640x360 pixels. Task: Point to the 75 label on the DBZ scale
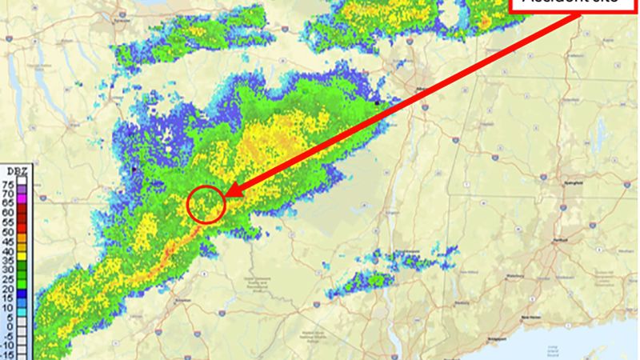[8, 184]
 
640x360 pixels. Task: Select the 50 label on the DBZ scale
[8, 231]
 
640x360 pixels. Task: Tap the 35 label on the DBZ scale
[8, 260]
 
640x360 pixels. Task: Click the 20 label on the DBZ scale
[8, 289]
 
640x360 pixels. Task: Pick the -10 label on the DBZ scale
[7, 346]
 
